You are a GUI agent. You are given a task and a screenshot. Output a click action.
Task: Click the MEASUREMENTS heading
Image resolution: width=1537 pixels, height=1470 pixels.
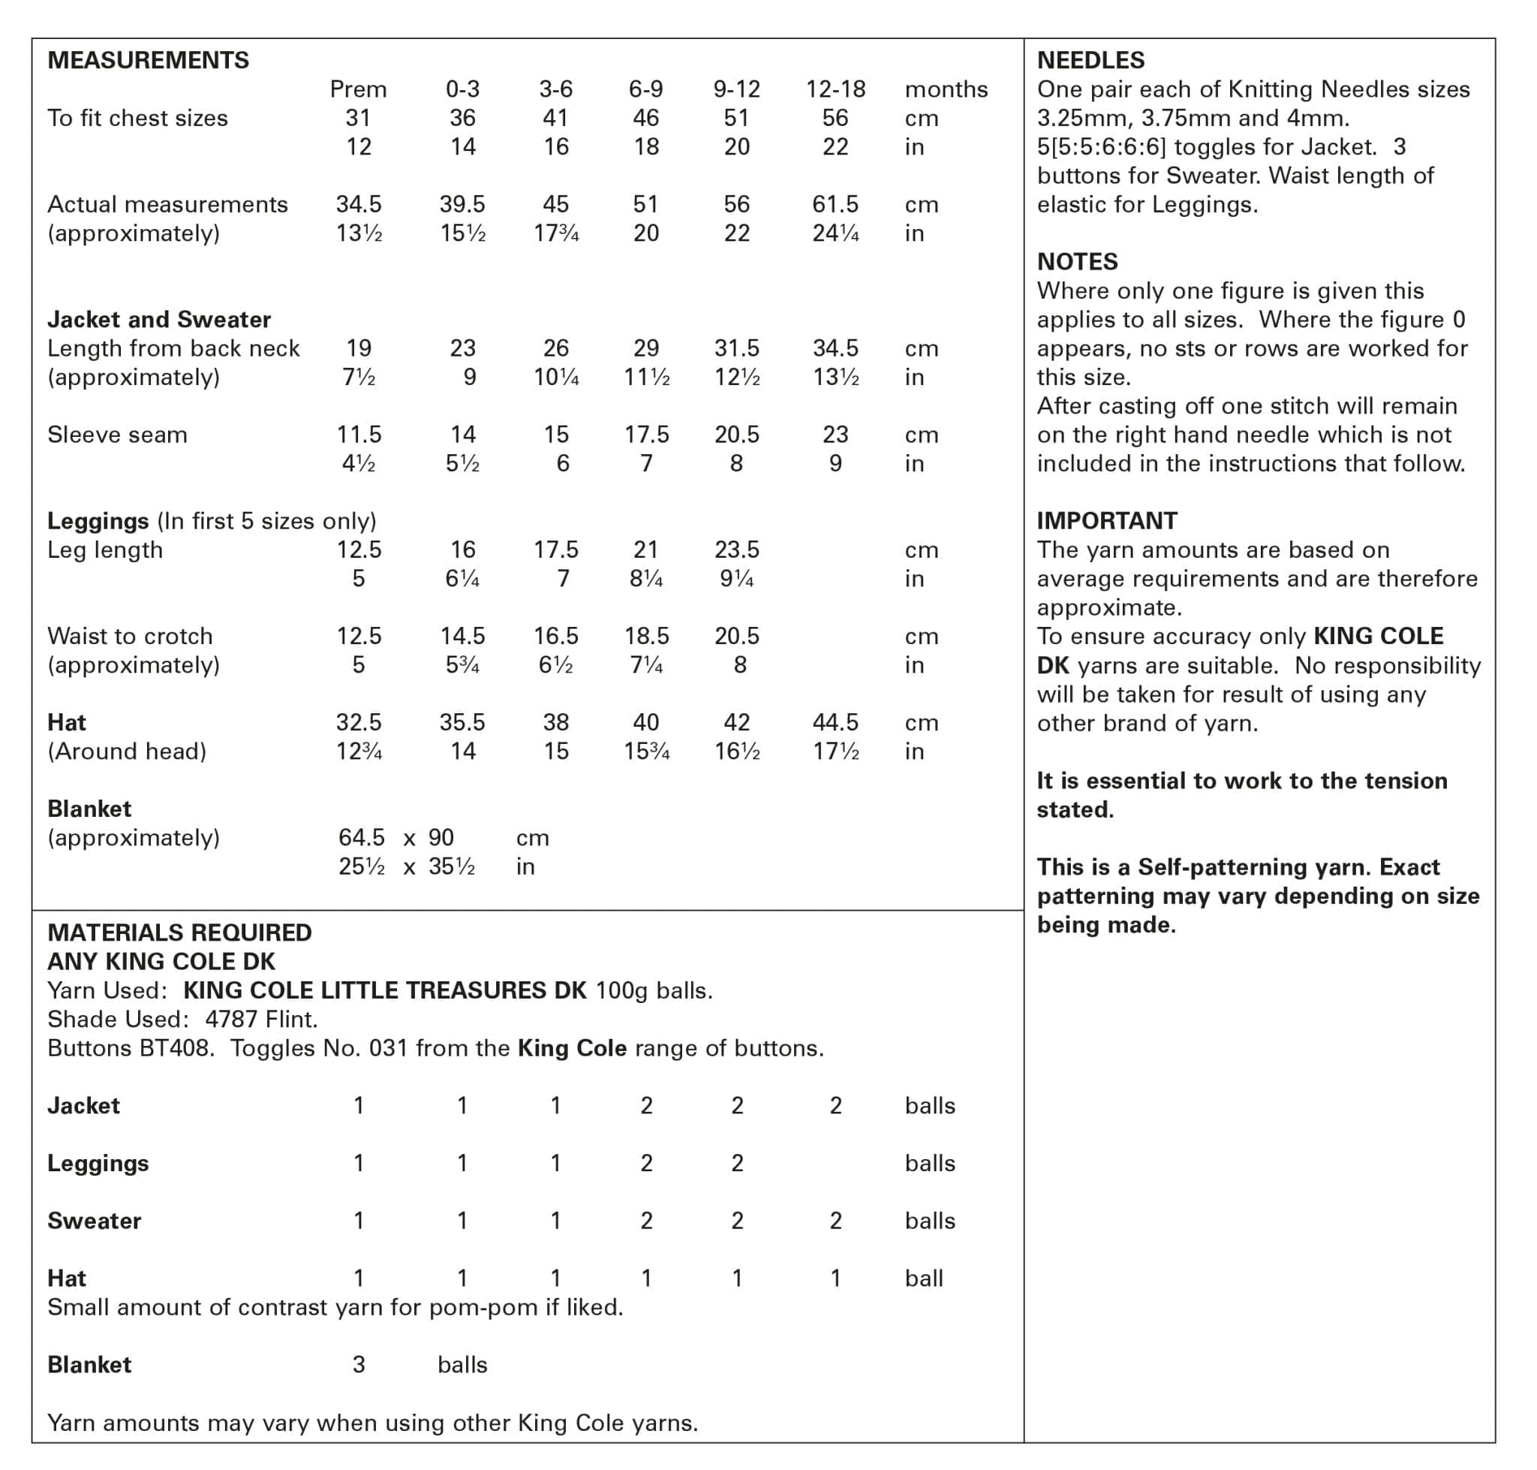tap(148, 60)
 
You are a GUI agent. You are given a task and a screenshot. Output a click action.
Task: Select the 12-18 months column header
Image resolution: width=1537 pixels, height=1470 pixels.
tap(835, 89)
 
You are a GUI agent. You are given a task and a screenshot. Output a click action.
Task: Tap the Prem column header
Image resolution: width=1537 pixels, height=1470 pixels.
tap(358, 89)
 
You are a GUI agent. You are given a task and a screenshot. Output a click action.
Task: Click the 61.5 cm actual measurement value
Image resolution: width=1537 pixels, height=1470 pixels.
tap(835, 204)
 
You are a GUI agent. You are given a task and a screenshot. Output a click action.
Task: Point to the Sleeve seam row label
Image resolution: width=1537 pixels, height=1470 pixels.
tap(118, 435)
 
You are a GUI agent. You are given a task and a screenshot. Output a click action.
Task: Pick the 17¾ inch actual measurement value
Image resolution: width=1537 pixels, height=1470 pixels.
tap(555, 233)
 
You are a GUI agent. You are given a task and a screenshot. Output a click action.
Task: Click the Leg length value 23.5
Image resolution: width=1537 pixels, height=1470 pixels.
tap(736, 550)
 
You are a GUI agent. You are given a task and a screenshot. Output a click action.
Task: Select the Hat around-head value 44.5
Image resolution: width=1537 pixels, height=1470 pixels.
tap(835, 722)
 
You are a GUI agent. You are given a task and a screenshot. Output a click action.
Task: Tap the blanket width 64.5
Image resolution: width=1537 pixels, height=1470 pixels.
tap(361, 838)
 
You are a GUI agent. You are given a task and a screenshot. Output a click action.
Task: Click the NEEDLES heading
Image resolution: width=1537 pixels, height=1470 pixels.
tap(1090, 60)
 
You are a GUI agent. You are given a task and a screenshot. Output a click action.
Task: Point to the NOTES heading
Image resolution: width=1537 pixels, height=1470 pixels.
tap(1077, 262)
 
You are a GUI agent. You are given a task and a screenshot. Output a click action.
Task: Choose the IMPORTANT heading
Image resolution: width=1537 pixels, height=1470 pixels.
tap(1106, 521)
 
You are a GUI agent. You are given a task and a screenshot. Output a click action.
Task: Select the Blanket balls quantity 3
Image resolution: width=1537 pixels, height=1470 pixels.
tap(358, 1365)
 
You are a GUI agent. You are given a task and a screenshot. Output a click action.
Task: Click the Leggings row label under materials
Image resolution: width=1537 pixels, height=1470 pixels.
tap(98, 1164)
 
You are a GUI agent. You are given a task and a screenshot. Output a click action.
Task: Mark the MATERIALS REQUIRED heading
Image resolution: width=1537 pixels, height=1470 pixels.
tap(179, 932)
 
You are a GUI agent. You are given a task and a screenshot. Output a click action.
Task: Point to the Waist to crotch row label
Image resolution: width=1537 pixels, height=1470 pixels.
tap(130, 636)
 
